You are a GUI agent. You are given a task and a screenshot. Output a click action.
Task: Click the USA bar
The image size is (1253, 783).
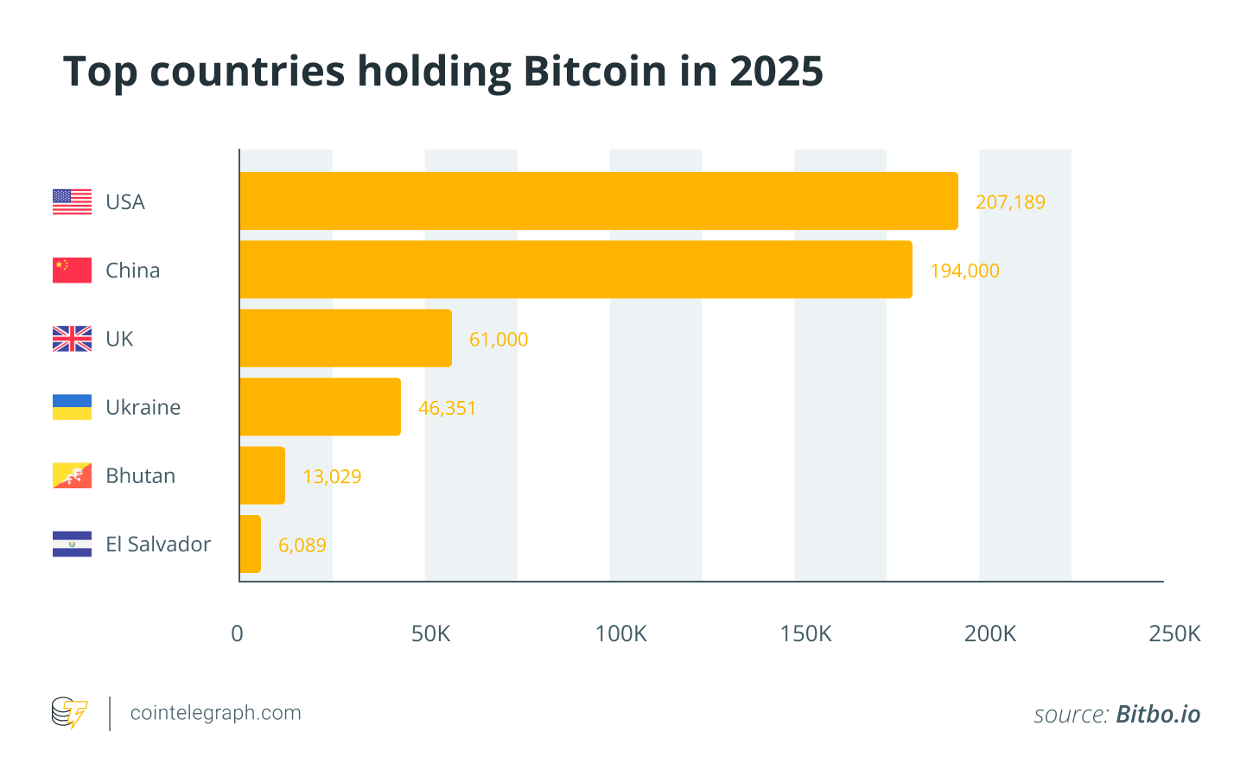click(x=599, y=201)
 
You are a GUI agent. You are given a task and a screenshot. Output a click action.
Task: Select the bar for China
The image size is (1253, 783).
click(x=576, y=270)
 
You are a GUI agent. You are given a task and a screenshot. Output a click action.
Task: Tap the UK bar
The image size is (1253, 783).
click(x=346, y=338)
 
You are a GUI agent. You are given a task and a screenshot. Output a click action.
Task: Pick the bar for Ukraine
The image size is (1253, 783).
click(x=320, y=406)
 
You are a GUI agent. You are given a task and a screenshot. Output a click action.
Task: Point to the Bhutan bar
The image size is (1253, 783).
click(x=263, y=475)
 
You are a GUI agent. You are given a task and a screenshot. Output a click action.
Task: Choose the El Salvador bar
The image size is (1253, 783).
click(x=251, y=544)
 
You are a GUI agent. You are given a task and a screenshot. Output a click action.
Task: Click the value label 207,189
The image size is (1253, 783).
click(x=1010, y=202)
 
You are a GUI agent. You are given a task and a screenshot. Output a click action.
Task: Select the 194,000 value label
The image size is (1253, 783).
click(x=964, y=271)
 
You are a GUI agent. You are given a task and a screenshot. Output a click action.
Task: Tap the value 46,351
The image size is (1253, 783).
click(x=447, y=408)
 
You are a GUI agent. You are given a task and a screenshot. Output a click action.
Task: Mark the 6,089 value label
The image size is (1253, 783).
click(x=302, y=545)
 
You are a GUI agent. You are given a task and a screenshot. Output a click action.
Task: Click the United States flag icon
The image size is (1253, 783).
click(x=72, y=201)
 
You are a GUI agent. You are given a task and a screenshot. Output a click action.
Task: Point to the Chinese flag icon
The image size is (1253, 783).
click(x=72, y=270)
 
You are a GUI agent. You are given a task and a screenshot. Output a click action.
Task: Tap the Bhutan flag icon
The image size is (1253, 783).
click(x=72, y=475)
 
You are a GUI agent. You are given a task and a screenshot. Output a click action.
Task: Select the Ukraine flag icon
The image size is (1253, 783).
click(x=72, y=407)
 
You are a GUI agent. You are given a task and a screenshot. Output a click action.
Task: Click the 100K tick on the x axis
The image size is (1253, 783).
click(x=620, y=633)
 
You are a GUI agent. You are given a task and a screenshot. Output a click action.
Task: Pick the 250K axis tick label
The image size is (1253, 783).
click(x=1174, y=633)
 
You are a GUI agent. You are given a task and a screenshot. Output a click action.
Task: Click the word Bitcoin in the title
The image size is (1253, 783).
click(x=595, y=71)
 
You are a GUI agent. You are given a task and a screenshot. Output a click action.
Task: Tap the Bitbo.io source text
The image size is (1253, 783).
click(x=1158, y=714)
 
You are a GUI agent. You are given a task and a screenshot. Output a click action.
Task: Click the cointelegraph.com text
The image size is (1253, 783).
click(x=215, y=713)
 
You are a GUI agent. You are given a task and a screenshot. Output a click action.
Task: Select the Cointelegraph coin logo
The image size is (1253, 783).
click(x=69, y=713)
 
